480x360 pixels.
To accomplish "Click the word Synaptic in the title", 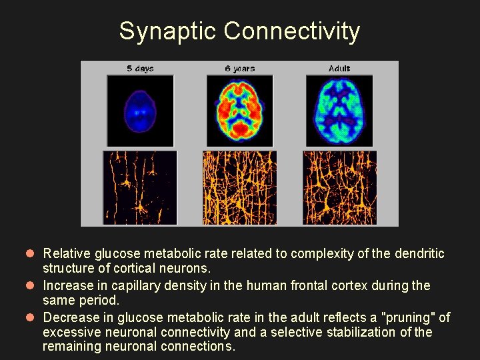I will point(168,31).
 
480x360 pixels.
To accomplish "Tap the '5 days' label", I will point(140,69).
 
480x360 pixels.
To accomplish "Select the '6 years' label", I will point(239,69).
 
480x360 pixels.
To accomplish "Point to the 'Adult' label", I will point(339,69).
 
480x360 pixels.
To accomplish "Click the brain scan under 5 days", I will point(140,111).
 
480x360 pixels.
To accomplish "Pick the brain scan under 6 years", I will point(239,111).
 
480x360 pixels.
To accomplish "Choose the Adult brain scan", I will point(339,111).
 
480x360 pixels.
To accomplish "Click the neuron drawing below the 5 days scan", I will point(140,187).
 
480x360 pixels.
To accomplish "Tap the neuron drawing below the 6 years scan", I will point(239,187).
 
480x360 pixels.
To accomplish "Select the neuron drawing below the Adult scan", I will point(339,187).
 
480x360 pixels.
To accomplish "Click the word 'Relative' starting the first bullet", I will point(67,254).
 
